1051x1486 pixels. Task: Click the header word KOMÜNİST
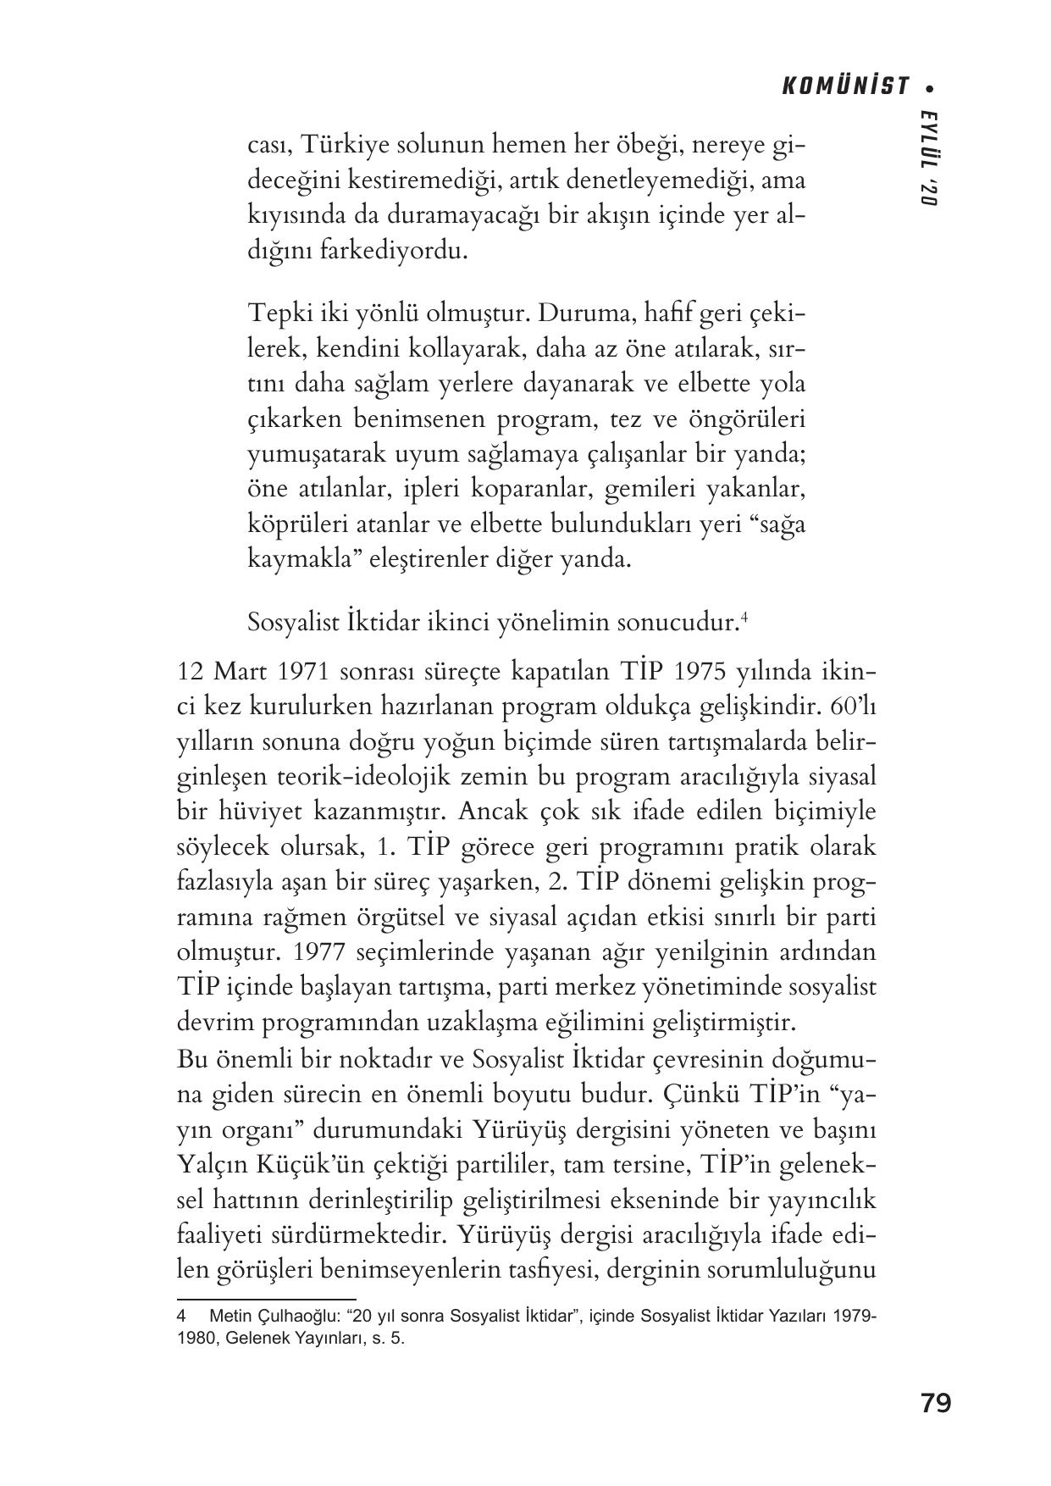click(x=845, y=86)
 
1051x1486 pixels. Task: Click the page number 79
click(x=935, y=1403)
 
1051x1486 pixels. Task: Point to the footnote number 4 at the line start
click(x=181, y=1317)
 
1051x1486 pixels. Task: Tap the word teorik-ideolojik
click(x=374, y=776)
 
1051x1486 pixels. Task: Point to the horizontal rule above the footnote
click(x=266, y=1298)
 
